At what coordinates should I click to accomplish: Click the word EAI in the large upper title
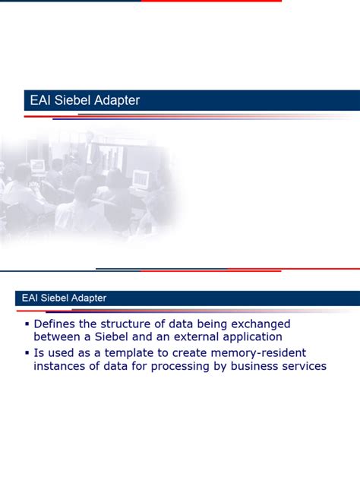[x=40, y=100]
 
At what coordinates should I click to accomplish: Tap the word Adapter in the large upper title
[x=115, y=100]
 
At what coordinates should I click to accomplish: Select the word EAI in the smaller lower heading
[x=25, y=298]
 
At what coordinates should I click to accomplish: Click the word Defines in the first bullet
[x=55, y=324]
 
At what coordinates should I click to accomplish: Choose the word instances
[x=60, y=366]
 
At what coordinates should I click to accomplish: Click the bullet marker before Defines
[x=27, y=324]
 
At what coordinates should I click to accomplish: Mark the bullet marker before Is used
[x=27, y=353]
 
